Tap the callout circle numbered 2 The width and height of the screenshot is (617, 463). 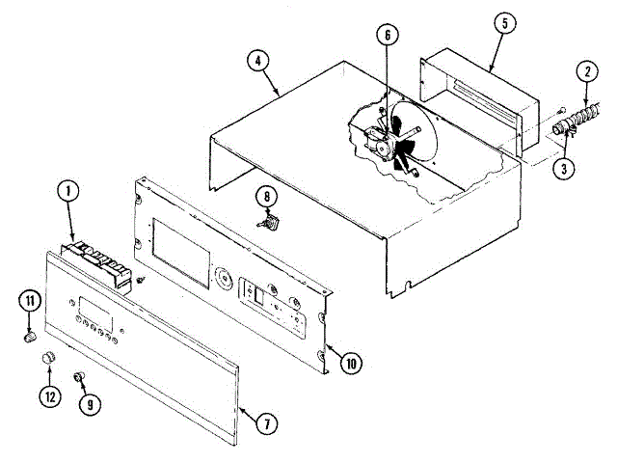point(584,69)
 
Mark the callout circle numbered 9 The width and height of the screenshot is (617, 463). point(92,404)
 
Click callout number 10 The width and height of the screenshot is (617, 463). point(350,363)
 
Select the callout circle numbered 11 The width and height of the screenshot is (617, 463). point(29,302)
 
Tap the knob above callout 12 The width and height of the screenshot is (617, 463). point(44,360)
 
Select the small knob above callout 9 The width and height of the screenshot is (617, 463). point(80,374)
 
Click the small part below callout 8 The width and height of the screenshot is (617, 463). point(272,224)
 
